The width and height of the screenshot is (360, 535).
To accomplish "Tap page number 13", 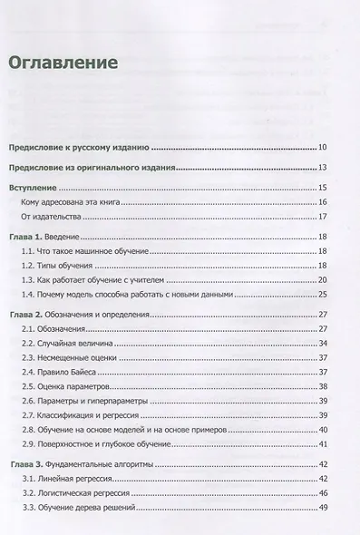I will tap(322, 167).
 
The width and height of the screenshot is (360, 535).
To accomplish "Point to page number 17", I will tap(322, 217).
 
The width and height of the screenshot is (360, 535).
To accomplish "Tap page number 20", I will tap(322, 280).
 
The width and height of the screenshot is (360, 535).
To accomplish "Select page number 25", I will tap(322, 295).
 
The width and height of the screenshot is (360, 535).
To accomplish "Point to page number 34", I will tap(322, 344).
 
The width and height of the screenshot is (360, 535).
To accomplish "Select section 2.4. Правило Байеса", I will tap(66, 373).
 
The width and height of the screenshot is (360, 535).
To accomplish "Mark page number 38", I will tap(322, 387).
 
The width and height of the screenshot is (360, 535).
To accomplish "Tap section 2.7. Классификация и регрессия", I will tap(87, 415).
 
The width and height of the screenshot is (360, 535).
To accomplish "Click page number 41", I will tap(322, 444).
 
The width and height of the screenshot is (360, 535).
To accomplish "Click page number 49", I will tap(322, 508).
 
